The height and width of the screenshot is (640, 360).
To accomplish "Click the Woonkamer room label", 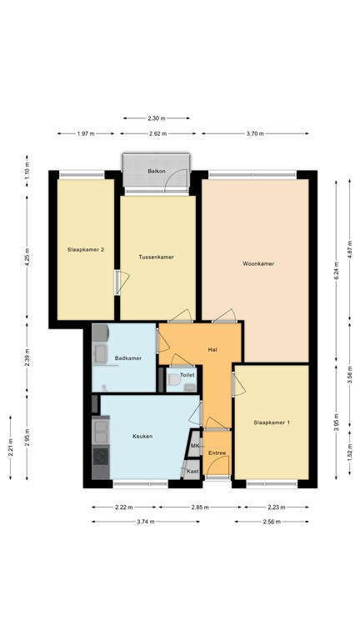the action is tap(258, 263).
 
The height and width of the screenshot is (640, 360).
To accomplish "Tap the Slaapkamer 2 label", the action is tap(86, 249).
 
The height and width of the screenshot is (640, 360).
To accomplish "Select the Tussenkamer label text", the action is tap(157, 257).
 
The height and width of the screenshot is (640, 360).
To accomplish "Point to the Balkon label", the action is tap(157, 172).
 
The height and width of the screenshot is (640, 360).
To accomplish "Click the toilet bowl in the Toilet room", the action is tap(174, 380).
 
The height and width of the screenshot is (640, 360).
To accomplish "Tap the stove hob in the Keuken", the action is tap(101, 457).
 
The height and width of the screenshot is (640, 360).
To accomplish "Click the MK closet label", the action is tap(195, 446).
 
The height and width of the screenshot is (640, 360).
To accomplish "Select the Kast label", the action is tap(192, 471).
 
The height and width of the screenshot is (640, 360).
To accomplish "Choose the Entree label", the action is tap(217, 453).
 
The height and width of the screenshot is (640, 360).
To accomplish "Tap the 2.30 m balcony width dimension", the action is tap(157, 118).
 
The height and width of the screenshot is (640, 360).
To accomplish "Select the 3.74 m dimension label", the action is tap(145, 521).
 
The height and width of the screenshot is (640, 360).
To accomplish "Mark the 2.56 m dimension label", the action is tap(272, 521).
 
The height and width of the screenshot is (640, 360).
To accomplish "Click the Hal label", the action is tap(212, 350).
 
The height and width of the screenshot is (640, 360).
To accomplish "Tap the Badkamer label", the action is tap(128, 358).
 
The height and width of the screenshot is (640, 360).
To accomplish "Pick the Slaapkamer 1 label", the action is tap(272, 422).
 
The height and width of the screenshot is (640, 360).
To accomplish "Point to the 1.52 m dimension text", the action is tap(350, 453).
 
